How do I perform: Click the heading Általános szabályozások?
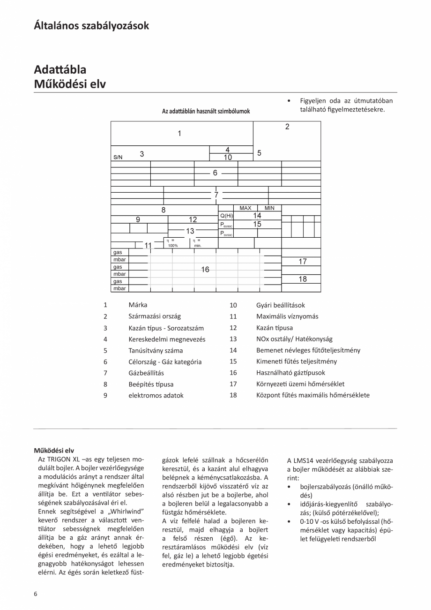[x=91, y=25]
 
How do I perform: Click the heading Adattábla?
[x=60, y=69]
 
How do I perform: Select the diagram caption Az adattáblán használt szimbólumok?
[x=206, y=111]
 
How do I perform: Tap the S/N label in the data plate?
[x=118, y=157]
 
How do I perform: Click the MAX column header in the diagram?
[x=245, y=208]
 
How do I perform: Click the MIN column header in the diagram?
[x=269, y=208]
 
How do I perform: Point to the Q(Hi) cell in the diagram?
[x=226, y=216]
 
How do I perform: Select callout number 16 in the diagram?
[x=205, y=270]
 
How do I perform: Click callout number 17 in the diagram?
[x=303, y=262]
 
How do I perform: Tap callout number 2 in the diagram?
[x=287, y=127]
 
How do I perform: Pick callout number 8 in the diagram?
[x=163, y=211]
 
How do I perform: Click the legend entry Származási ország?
[x=155, y=316]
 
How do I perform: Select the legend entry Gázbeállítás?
[x=146, y=373]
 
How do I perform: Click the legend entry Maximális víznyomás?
[x=287, y=316]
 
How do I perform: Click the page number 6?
[x=36, y=594]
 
